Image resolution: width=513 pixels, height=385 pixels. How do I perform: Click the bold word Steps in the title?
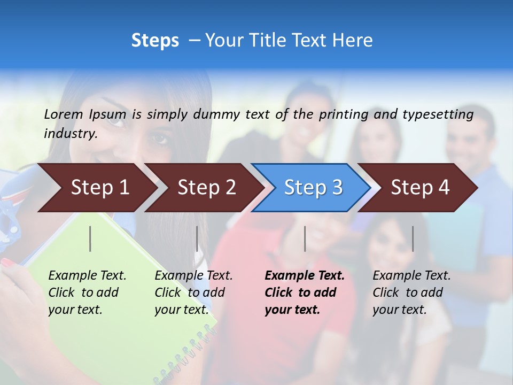[x=155, y=41]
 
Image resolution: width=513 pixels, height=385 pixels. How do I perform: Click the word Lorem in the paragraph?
[x=64, y=114]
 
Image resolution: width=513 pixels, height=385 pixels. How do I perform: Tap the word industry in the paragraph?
[x=70, y=133]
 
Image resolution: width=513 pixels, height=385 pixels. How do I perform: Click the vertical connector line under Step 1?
[x=90, y=238]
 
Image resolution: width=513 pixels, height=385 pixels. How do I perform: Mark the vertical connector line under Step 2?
[x=197, y=238]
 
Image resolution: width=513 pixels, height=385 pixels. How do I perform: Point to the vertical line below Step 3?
[x=305, y=238]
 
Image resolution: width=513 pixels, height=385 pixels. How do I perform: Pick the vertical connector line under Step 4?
[x=413, y=238]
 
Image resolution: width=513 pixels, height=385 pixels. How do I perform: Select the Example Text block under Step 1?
[x=87, y=292]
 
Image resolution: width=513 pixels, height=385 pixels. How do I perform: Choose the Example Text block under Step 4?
[x=411, y=292]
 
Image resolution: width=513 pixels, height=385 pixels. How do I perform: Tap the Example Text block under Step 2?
[x=193, y=292]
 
